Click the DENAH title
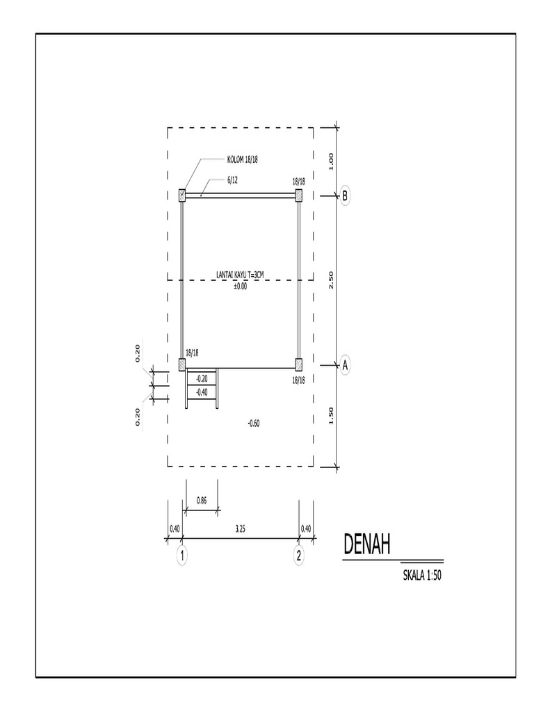tap(366, 544)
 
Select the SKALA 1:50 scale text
tap(423, 574)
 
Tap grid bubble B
tap(344, 196)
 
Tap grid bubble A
tap(345, 364)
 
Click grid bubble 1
tap(182, 556)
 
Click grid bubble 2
tap(299, 556)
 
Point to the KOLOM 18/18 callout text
tap(243, 160)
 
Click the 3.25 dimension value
tap(240, 529)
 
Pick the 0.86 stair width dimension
tap(202, 500)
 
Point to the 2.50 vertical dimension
tap(332, 280)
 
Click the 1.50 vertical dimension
tap(332, 416)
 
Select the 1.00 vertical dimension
tap(332, 161)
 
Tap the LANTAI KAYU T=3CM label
tap(240, 277)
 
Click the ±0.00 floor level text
tap(240, 286)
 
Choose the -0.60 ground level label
tap(254, 423)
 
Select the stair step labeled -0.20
tap(202, 379)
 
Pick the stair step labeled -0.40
tap(202, 393)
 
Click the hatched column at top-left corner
tap(182, 195)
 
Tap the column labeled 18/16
tap(299, 364)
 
